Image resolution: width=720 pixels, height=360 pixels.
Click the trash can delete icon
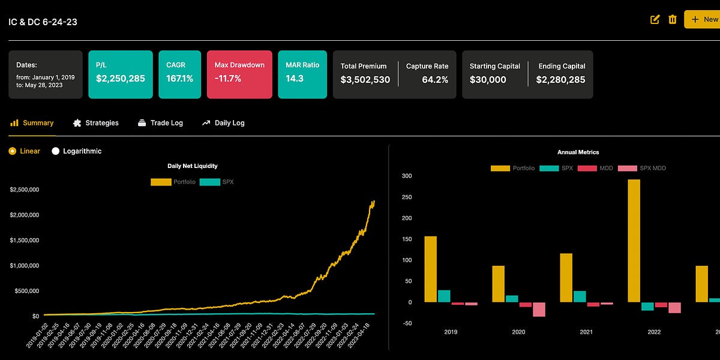673,19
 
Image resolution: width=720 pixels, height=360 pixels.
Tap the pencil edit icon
655,19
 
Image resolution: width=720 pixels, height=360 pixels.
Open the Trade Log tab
160,123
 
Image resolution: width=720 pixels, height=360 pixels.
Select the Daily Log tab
223,123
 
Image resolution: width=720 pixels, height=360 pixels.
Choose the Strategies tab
95,123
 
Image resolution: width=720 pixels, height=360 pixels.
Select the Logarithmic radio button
56,151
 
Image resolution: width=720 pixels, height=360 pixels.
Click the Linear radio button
12,151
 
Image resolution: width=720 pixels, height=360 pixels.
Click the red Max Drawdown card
240,74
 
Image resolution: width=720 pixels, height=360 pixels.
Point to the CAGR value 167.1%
179,79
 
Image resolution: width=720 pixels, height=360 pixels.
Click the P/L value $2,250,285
120,79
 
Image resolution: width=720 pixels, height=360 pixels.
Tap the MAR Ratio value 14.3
295,79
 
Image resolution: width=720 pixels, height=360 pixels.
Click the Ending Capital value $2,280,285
560,80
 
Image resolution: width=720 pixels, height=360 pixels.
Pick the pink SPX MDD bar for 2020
539,309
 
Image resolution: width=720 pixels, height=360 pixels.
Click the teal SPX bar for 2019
444,296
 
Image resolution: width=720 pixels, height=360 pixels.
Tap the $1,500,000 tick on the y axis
25,240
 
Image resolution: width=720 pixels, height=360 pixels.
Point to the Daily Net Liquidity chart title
192,166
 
